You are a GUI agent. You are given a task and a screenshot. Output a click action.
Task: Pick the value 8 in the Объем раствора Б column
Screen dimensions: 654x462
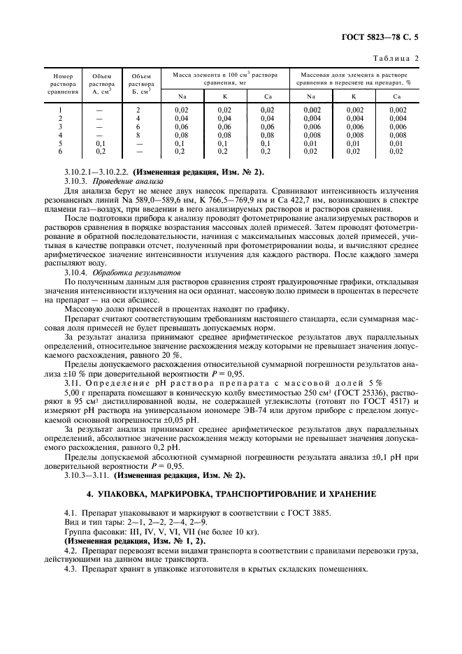coord(138,135)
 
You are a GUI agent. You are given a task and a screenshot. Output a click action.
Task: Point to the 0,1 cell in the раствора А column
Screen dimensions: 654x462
coord(99,143)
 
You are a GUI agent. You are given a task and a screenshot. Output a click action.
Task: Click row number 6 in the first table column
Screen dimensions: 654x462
coord(60,151)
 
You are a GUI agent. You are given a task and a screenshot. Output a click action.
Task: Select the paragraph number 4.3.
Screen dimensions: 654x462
coord(70,569)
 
